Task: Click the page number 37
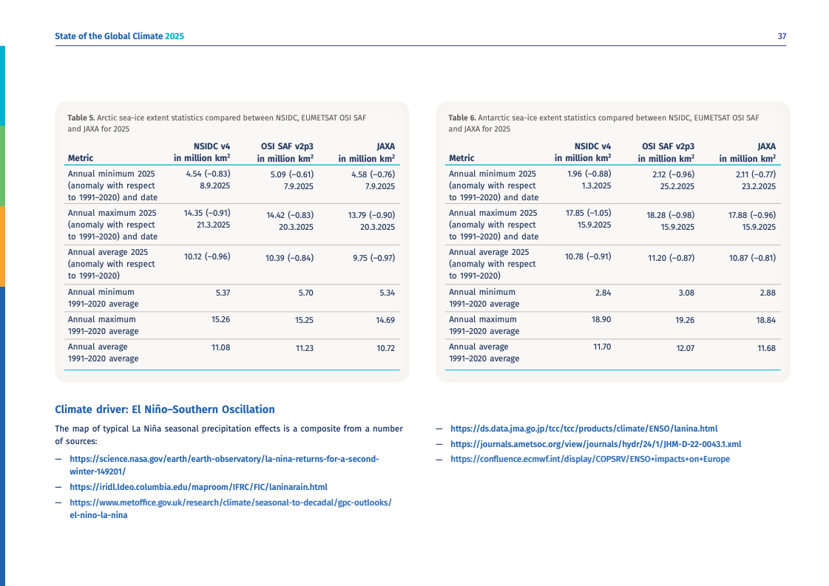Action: [x=782, y=36]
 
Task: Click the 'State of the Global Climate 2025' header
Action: [x=119, y=36]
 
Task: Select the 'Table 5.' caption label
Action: [x=81, y=117]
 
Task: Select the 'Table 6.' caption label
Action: [x=461, y=117]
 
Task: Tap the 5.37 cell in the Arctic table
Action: [x=223, y=293]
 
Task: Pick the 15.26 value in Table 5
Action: [x=220, y=320]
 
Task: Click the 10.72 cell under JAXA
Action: [x=385, y=348]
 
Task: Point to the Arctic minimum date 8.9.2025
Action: [x=214, y=185]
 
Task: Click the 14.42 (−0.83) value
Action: [x=289, y=215]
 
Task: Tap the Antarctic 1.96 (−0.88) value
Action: [x=589, y=174]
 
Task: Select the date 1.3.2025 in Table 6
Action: [x=596, y=185]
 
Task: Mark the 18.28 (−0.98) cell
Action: [x=670, y=215]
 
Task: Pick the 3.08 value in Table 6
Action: [x=686, y=293]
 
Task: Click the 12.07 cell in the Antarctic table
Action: [x=685, y=348]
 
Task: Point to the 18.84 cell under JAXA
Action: [x=766, y=320]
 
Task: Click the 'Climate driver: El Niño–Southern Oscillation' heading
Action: [x=165, y=409]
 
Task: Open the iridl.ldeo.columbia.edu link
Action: [x=198, y=487]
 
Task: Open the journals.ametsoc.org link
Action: [x=595, y=444]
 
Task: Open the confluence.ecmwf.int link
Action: [x=589, y=459]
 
